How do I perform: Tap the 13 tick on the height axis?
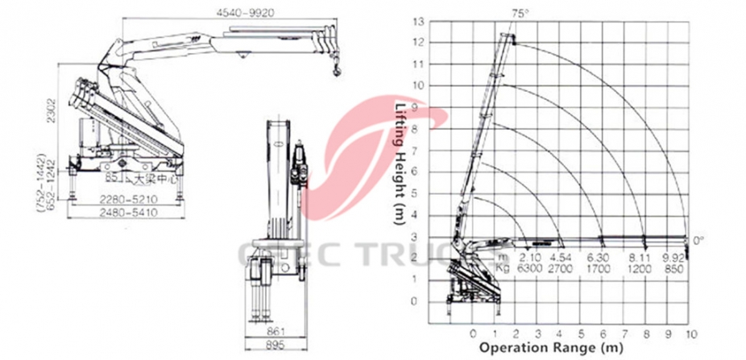[417, 22]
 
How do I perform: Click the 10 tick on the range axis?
[690, 333]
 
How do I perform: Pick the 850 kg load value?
[671, 267]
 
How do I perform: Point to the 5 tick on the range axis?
[581, 333]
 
